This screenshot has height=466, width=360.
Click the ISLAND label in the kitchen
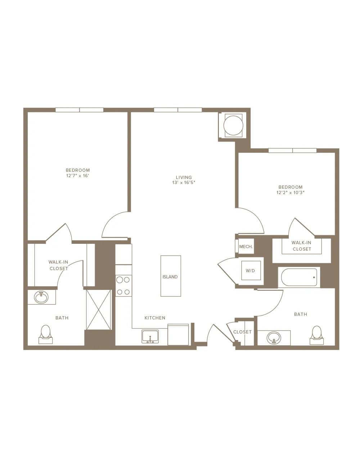point(170,277)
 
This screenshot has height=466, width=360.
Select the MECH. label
point(246,247)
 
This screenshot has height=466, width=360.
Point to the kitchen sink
point(150,336)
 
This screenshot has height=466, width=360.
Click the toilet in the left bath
point(45,335)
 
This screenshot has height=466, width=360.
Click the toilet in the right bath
point(316,335)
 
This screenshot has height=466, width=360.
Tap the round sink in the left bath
point(41,297)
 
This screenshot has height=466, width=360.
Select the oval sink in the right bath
point(274,337)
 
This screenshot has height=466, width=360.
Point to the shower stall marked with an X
point(99,310)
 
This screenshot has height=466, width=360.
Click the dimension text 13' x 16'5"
point(184,183)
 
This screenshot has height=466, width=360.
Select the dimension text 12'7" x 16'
point(77,176)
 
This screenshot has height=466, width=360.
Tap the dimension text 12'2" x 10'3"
point(291,193)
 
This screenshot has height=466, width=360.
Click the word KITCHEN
point(155,318)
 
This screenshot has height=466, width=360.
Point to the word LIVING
point(184,177)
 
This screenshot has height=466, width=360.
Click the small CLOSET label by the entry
point(242,332)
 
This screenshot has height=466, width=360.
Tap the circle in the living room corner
point(234,126)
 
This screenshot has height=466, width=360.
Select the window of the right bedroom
point(292,150)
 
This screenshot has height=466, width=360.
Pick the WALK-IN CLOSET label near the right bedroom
point(302,246)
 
